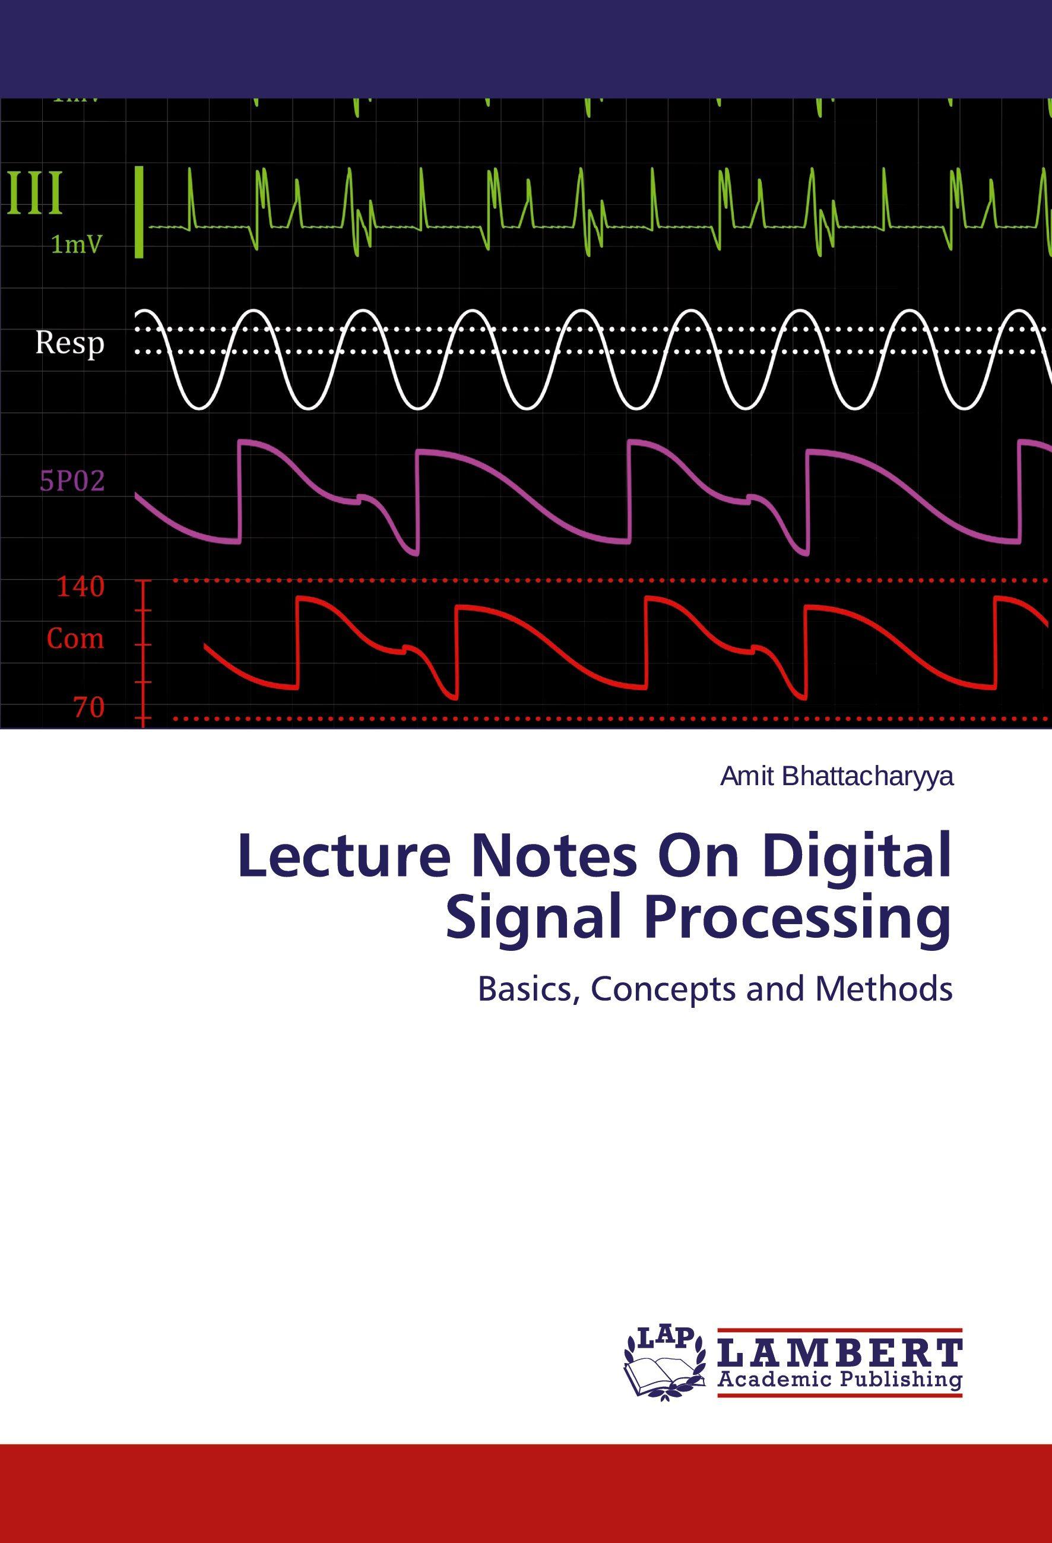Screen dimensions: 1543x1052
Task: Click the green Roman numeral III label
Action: click(36, 193)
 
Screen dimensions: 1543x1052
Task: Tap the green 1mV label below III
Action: click(78, 246)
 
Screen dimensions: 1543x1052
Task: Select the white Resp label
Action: click(69, 344)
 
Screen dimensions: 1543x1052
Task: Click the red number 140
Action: click(80, 587)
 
